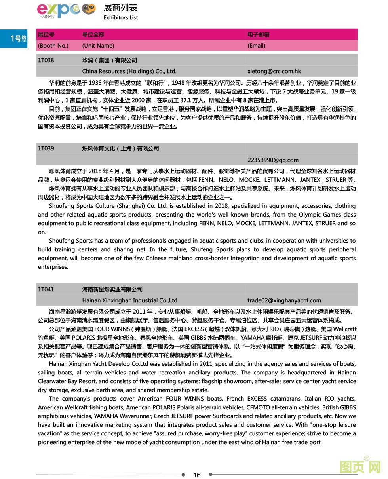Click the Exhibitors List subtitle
pyautogui.click(x=121, y=17)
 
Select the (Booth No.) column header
pyautogui.click(x=53, y=46)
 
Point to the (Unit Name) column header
pyautogui.click(x=98, y=46)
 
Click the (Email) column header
pyautogui.click(x=256, y=46)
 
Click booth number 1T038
pyautogui.click(x=46, y=60)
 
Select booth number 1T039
pyautogui.click(x=46, y=148)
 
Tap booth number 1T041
pyautogui.click(x=46, y=289)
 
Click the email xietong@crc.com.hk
pyautogui.click(x=274, y=72)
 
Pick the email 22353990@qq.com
pyautogui.click(x=273, y=160)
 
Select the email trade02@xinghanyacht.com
pyautogui.click(x=284, y=300)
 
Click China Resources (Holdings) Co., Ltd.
pyautogui.click(x=129, y=72)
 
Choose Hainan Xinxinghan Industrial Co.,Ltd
pyautogui.click(x=129, y=300)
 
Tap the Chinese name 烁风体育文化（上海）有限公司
pyautogui.click(x=120, y=148)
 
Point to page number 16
pyautogui.click(x=197, y=475)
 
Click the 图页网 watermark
pyautogui.click(x=360, y=467)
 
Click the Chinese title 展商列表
pyautogui.click(x=120, y=7)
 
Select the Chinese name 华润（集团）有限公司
pyautogui.click(x=109, y=60)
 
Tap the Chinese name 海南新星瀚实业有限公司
pyautogui.click(x=112, y=289)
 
